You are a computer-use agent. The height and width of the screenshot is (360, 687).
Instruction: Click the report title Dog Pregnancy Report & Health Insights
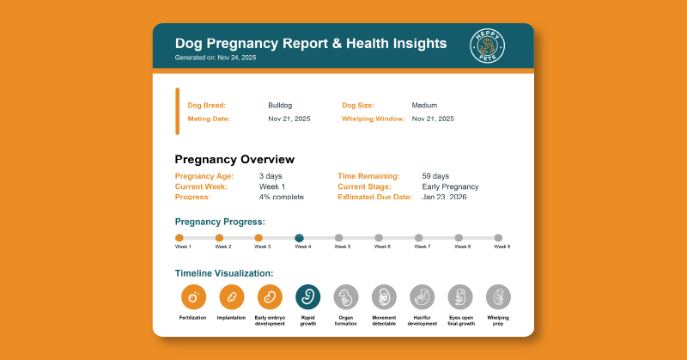(310, 43)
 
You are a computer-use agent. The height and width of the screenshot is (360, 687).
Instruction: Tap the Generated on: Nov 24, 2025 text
(216, 58)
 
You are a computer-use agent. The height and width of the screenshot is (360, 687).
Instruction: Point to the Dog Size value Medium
(424, 105)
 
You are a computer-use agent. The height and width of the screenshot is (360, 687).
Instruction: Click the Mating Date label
(209, 119)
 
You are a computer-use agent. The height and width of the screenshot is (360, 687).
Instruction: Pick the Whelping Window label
(374, 119)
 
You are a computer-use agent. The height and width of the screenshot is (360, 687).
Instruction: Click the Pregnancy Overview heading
(234, 159)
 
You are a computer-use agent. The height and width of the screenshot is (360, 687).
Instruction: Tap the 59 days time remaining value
(436, 175)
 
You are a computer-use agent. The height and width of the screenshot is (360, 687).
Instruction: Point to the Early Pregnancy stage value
(450, 186)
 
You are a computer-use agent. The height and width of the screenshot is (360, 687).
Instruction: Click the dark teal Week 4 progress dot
(299, 238)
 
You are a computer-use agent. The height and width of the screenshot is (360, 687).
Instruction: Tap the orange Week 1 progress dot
(179, 238)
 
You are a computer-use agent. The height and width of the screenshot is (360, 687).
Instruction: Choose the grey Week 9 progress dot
(498, 238)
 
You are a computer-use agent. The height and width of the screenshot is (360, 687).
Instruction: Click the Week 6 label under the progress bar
(382, 247)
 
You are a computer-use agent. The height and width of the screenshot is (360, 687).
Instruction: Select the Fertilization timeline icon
(193, 296)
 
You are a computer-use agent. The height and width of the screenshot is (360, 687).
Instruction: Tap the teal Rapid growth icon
(307, 296)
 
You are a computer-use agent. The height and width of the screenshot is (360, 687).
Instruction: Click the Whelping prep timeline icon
(498, 296)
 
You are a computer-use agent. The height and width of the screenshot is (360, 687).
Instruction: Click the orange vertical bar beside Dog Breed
(178, 111)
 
